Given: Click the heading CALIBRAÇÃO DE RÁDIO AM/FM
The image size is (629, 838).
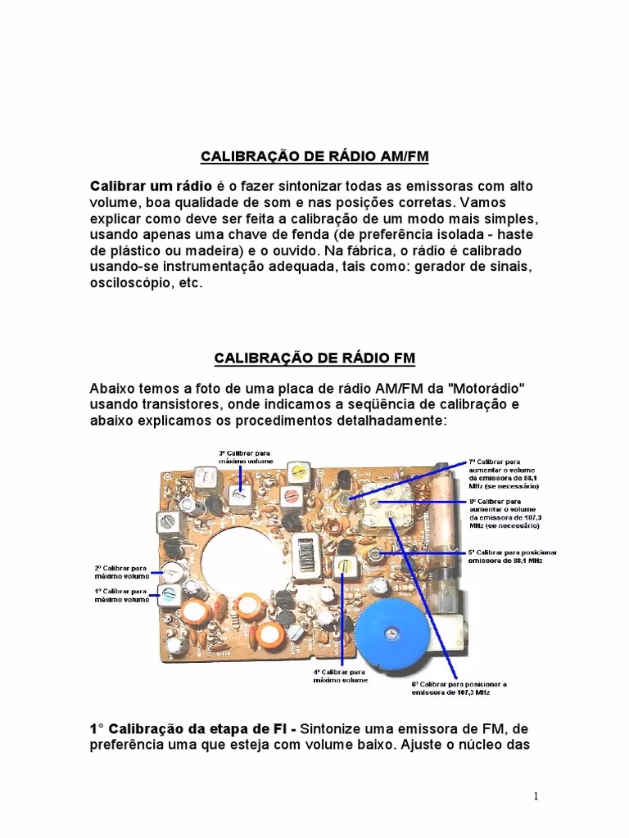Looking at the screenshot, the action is [314, 155].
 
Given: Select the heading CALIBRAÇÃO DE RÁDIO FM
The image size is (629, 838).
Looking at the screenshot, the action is [314, 358].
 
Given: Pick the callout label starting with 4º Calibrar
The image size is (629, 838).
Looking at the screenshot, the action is [341, 675].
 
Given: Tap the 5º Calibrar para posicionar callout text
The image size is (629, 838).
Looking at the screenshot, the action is [505, 556].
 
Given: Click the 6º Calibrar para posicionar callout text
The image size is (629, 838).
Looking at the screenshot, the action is [460, 688].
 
